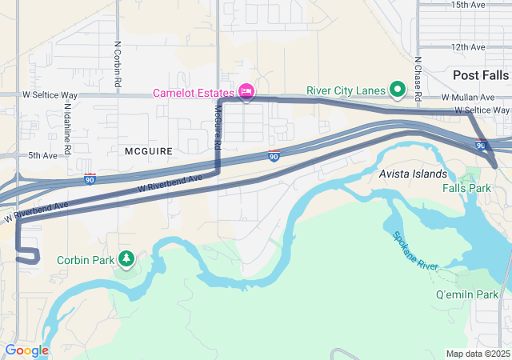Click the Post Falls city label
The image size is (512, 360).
pos(480,74)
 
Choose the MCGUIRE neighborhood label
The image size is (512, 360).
pos(149,150)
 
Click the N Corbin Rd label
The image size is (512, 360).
pos(118,64)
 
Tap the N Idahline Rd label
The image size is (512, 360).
pos(68,128)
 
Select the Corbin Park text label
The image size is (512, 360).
pos(86,259)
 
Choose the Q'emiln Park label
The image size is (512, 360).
pos(467,294)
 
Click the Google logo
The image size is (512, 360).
pos(26,350)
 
